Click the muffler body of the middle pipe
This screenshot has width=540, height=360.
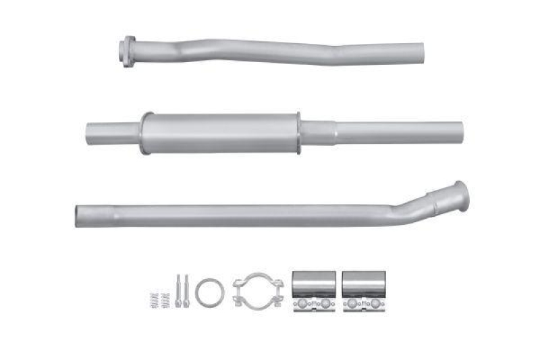tap(220, 132)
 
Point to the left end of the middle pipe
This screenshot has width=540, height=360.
tap(90, 130)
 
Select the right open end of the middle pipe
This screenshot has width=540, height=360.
tap(460, 130)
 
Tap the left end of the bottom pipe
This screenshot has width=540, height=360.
tap(79, 214)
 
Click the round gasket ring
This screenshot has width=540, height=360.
tap(209, 292)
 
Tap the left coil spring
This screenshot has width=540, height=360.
tap(154, 298)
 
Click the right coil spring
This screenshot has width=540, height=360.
tap(164, 298)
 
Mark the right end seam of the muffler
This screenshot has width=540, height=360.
tap(298, 132)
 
